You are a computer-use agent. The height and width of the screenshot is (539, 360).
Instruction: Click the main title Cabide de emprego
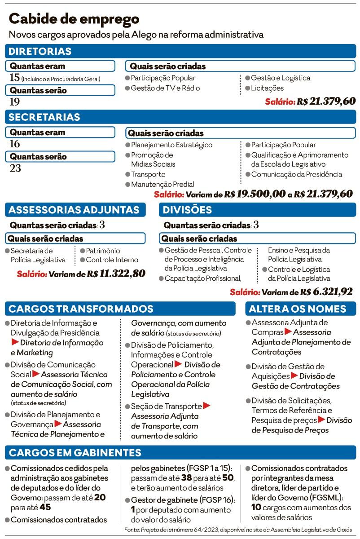pos(74,19)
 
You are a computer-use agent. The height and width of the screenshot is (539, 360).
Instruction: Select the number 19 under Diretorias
pos(15,102)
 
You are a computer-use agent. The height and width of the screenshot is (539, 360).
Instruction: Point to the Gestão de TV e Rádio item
pos(165,88)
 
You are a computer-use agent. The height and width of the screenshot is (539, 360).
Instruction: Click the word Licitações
pos(267,88)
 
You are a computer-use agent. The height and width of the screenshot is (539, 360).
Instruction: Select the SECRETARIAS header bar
pos(44,117)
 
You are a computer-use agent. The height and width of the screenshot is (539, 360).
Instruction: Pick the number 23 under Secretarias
pos(15,168)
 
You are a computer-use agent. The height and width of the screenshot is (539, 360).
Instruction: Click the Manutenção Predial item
pos(162,184)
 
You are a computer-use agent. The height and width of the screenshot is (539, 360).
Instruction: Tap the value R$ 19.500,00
pos(255,194)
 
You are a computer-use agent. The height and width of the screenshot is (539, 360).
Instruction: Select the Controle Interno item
pos(112,260)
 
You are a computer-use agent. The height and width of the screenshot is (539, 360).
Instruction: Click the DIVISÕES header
pos(187,210)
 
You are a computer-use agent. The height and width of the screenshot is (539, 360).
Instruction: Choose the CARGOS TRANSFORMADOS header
pos(81,309)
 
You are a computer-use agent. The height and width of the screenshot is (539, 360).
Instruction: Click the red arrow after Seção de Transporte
pos(206,406)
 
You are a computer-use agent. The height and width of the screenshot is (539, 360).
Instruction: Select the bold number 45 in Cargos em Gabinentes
pos(45,508)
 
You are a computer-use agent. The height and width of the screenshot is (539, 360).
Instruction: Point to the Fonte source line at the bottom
pos(238,530)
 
